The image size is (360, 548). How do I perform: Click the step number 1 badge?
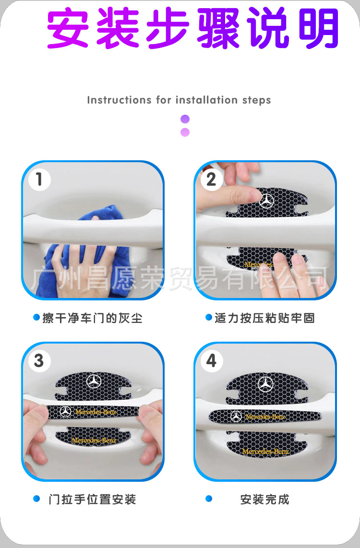click(39, 179)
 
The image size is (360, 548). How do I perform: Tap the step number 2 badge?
click(212, 179)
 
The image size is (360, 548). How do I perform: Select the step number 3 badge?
click(39, 361)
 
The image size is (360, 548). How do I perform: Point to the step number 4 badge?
click(212, 361)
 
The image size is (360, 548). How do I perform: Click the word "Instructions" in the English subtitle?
click(120, 100)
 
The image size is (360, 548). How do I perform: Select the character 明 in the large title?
click(318, 28)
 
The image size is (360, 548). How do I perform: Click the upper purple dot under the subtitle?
click(185, 119)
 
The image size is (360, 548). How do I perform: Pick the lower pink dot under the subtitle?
click(185, 132)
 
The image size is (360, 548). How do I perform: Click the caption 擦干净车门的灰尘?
click(92, 318)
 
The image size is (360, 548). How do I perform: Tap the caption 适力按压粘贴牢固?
click(264, 318)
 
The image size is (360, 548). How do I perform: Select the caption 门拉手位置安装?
click(92, 500)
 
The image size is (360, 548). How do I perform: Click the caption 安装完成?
click(264, 500)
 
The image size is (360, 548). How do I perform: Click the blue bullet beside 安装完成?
click(209, 499)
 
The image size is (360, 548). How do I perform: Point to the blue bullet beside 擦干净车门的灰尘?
click(36, 317)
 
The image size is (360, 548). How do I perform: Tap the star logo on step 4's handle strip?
click(236, 416)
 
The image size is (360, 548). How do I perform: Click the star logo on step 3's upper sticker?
click(94, 381)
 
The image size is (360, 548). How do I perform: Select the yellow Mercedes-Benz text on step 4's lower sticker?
click(265, 452)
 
